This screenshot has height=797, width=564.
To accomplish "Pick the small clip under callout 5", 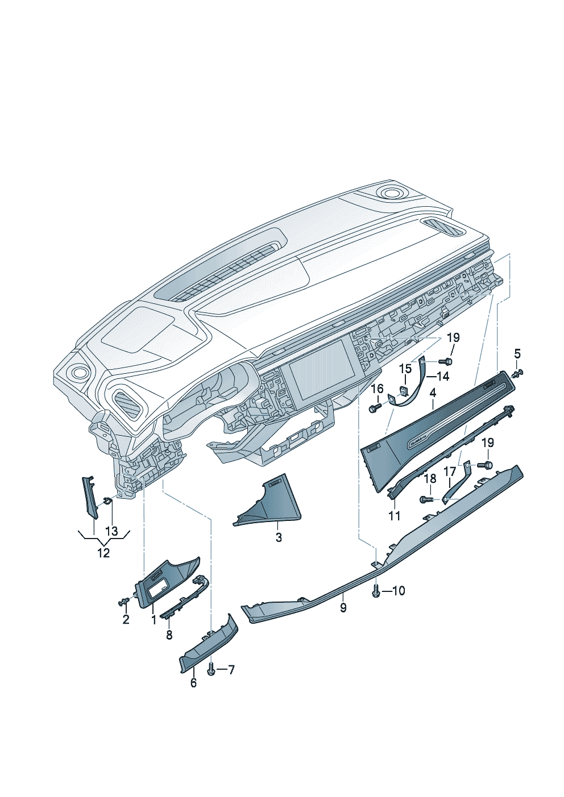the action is coord(517,374).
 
